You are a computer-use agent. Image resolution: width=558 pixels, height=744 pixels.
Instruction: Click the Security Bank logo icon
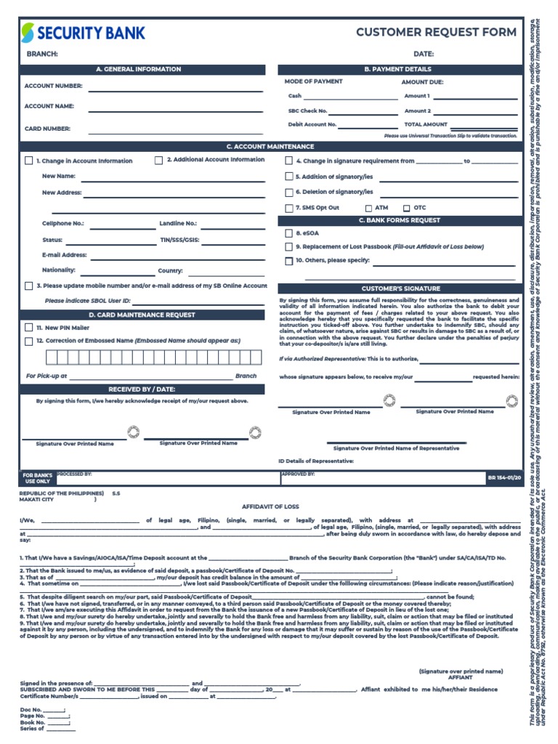[x=28, y=33]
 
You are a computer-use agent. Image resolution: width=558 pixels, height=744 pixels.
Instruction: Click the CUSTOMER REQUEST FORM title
[x=436, y=32]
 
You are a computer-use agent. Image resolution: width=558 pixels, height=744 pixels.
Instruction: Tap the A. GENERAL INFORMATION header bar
[x=138, y=69]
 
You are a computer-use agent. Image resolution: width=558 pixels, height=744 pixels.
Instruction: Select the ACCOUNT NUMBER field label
[x=54, y=86]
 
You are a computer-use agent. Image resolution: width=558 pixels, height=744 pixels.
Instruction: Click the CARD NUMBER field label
[x=48, y=129]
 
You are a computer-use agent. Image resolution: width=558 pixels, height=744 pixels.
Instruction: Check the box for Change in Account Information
[x=28, y=161]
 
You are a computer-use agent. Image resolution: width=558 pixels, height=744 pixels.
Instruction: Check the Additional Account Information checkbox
[x=158, y=161]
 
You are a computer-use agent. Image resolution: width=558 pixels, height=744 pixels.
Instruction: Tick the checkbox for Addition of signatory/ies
[x=288, y=177]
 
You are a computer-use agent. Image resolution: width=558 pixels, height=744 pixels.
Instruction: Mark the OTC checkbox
[x=406, y=209]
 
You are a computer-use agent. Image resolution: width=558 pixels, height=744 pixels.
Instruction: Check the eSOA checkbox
[x=288, y=234]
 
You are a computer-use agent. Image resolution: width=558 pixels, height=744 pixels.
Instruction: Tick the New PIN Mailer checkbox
[x=28, y=328]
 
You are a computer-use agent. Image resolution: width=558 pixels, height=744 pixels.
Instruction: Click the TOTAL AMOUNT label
[x=426, y=124]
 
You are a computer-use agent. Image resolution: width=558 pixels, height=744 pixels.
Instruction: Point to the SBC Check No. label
[x=308, y=111]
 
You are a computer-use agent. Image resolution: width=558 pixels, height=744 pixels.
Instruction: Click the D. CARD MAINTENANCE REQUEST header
[x=142, y=315]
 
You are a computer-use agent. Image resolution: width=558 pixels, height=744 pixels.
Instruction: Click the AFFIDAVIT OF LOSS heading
[x=270, y=506]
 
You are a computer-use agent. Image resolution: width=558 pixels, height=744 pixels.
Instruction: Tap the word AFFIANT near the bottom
[x=460, y=677]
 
